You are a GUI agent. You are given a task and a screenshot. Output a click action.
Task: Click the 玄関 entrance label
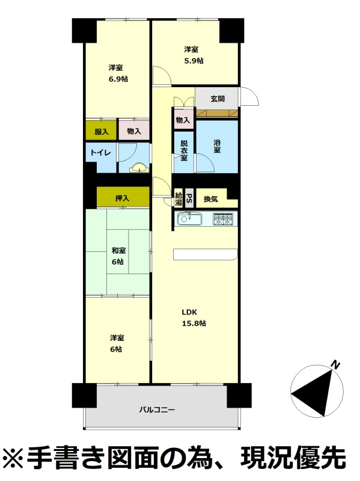click(218, 99)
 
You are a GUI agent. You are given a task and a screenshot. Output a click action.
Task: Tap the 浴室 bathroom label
click(217, 146)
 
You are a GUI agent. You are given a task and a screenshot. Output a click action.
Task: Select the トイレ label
click(100, 153)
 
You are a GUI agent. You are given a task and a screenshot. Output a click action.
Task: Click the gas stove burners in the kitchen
click(223, 219)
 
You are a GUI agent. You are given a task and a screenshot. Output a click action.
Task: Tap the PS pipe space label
click(189, 198)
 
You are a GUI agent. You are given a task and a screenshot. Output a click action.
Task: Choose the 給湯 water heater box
click(178, 199)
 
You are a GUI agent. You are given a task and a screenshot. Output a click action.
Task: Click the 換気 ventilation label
click(211, 199)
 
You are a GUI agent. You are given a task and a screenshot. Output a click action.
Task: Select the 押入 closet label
click(122, 198)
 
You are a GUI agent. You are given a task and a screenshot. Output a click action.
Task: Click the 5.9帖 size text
click(194, 61)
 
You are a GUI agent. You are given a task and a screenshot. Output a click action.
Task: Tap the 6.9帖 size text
click(118, 79)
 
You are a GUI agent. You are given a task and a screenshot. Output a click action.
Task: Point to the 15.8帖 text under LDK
click(194, 323)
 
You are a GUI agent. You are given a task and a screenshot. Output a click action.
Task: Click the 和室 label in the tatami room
click(118, 251)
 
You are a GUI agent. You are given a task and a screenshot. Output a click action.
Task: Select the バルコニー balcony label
click(157, 409)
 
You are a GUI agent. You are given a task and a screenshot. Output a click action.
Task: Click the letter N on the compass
click(335, 365)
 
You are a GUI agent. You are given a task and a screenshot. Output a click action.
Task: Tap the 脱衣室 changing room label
click(184, 150)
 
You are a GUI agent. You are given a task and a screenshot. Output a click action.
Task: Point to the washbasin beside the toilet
click(139, 168)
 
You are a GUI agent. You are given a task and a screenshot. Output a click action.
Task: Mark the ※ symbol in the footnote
click(12, 457)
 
